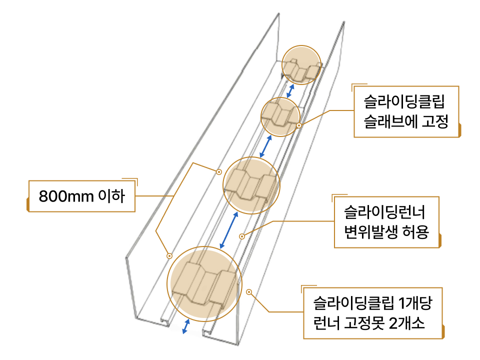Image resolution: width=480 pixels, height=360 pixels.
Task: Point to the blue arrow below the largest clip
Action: click(x=186, y=326)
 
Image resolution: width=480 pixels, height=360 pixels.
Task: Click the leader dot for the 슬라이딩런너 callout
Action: click(x=242, y=235)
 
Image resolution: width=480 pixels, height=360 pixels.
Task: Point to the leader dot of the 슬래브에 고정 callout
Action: click(x=299, y=125)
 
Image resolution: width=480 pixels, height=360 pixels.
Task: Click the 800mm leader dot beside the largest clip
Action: click(x=169, y=254)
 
